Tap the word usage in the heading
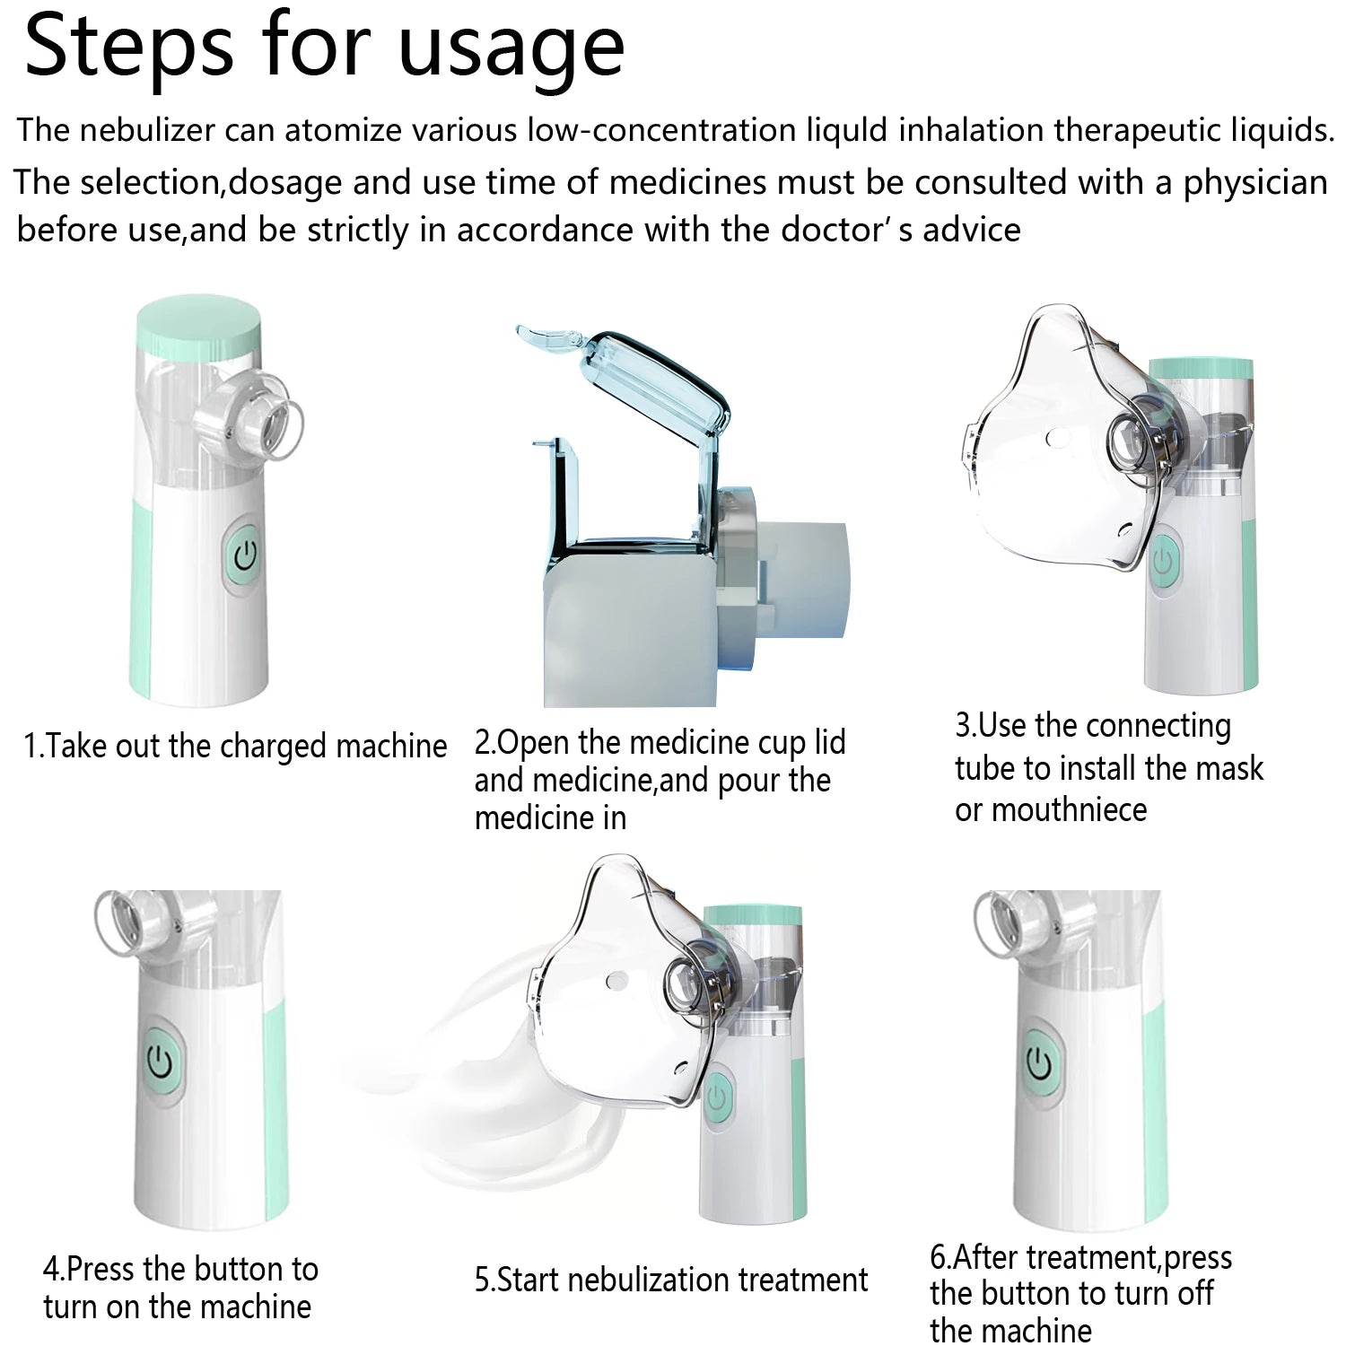click(x=511, y=49)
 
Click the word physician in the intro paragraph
click(x=1254, y=182)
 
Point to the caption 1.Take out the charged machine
click(x=235, y=746)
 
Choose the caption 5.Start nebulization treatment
click(x=671, y=1279)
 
